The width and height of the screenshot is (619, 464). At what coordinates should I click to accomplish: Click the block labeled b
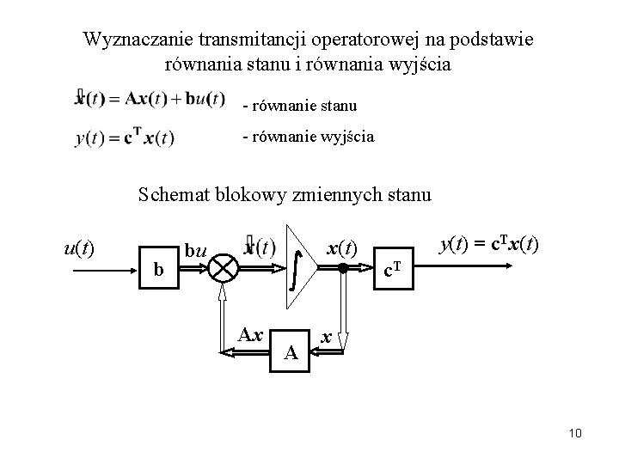[x=157, y=269]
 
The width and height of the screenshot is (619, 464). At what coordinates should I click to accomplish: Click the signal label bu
[x=196, y=252]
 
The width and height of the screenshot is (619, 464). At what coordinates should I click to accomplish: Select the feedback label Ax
[x=249, y=333]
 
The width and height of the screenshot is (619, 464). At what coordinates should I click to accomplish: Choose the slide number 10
[x=575, y=433]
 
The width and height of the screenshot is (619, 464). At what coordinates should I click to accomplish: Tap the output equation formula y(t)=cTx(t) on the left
[x=125, y=137]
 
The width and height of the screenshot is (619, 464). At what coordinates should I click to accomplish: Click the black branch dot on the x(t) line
[x=342, y=267]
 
